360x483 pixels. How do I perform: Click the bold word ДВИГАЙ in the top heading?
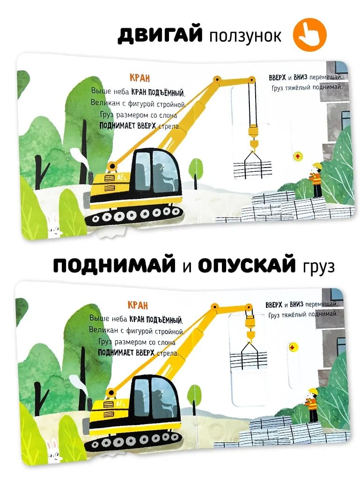pyautogui.click(x=160, y=34)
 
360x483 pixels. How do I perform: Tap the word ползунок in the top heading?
pyautogui.click(x=245, y=36)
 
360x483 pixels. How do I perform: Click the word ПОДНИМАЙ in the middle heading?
pyautogui.click(x=114, y=265)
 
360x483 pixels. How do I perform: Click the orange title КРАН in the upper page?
pyautogui.click(x=140, y=78)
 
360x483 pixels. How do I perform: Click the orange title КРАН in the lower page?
pyautogui.click(x=138, y=305)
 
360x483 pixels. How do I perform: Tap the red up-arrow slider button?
pyautogui.click(x=297, y=156)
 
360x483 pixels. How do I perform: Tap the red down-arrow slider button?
pyautogui.click(x=292, y=348)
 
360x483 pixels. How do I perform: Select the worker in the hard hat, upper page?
pyautogui.click(x=316, y=180)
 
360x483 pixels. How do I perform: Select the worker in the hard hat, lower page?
pyautogui.click(x=311, y=405)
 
